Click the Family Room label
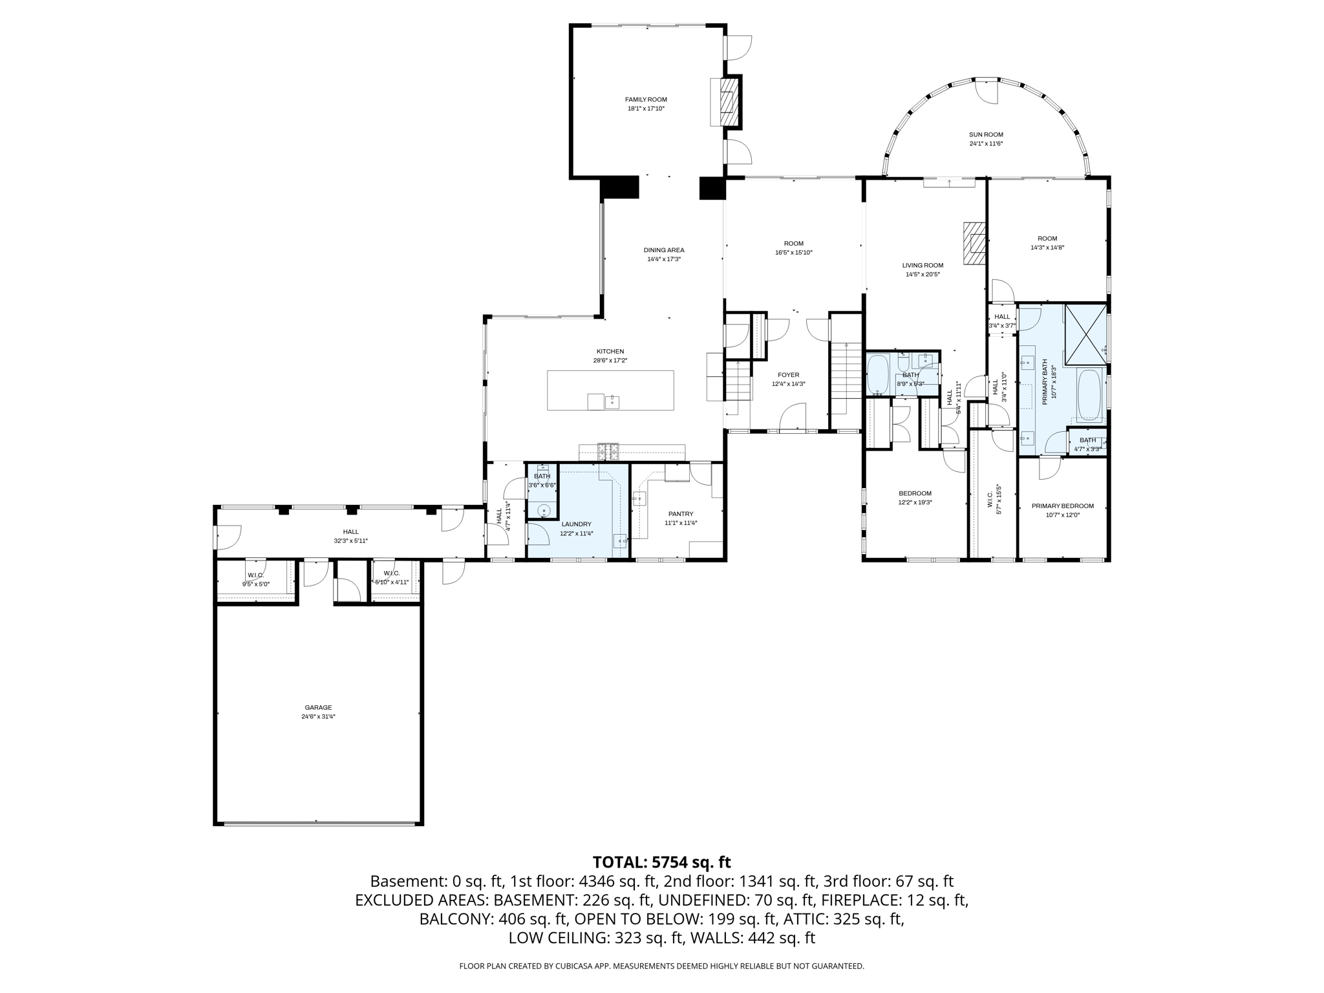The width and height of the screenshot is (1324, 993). pyautogui.click(x=645, y=100)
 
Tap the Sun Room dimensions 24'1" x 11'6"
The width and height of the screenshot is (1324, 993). pyautogui.click(x=986, y=144)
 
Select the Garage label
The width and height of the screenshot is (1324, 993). pyautogui.click(x=318, y=707)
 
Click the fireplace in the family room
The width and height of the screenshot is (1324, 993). pyautogui.click(x=729, y=102)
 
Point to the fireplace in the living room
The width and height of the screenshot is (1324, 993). pyautogui.click(x=974, y=243)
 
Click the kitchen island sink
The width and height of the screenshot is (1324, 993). pyautogui.click(x=612, y=402)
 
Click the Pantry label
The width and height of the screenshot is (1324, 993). pyautogui.click(x=681, y=514)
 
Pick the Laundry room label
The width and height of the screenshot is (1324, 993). pyautogui.click(x=576, y=524)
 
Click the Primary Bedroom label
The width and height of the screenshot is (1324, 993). pyautogui.click(x=1062, y=506)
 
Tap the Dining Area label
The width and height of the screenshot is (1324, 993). pyautogui.click(x=663, y=250)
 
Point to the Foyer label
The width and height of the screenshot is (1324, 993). pyautogui.click(x=788, y=375)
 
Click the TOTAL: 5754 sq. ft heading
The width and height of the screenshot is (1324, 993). pyautogui.click(x=661, y=862)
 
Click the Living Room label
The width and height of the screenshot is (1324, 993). pyautogui.click(x=923, y=265)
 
